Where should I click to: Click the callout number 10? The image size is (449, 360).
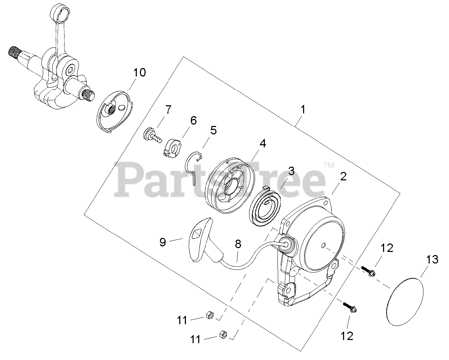pos(139,73)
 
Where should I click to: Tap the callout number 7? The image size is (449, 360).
pos(168,109)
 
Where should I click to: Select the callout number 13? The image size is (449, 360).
pos(432,260)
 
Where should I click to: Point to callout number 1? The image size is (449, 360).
pos(303,109)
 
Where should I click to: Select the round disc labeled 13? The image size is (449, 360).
pos(405,302)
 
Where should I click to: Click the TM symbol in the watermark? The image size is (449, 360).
pos(329,165)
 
